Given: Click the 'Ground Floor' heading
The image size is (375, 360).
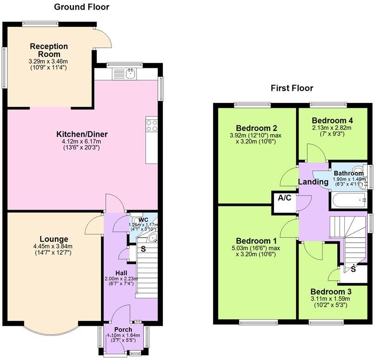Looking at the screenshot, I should coord(82,7).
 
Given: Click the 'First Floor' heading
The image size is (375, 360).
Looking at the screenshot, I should coord(292,88).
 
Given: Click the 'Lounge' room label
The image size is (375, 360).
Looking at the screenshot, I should coord(53,239).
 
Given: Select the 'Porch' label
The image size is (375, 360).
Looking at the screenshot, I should coord(123,330).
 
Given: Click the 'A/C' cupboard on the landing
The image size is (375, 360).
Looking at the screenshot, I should coord(284,198).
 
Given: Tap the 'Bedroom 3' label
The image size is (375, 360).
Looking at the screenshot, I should coord(330,292).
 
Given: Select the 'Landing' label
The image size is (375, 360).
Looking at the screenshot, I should coord(313,182).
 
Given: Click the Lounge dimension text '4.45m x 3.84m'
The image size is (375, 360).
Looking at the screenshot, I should coord(53,246).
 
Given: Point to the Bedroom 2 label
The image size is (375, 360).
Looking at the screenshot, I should coord(256,128).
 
